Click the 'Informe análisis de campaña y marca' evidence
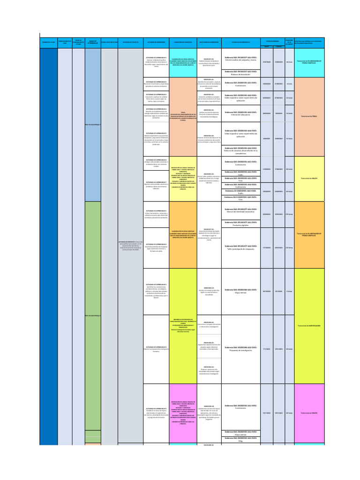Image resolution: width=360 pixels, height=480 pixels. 240,59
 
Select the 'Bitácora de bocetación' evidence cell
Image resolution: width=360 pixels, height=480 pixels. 240,73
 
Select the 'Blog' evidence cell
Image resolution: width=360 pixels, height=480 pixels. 240,440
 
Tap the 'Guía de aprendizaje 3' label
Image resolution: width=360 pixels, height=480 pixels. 92,125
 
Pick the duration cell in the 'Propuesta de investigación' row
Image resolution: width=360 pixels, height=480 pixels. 289,349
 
